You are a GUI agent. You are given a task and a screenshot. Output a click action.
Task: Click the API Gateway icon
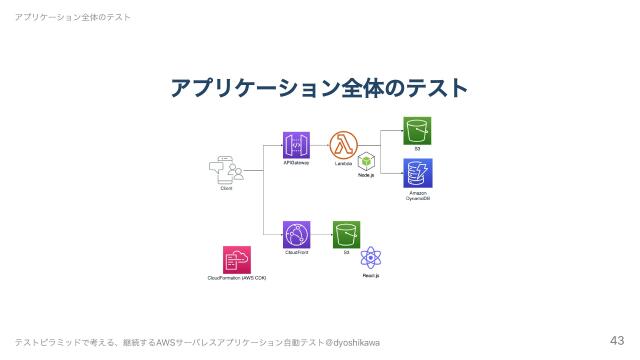[296, 145]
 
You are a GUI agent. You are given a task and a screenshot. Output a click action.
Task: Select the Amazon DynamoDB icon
[417, 172]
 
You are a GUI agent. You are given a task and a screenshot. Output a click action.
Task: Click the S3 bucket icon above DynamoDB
[417, 131]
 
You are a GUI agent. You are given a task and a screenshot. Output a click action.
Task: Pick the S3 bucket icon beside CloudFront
[346, 235]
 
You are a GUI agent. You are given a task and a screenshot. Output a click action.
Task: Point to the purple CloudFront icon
[296, 235]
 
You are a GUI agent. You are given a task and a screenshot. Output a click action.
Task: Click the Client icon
[226, 170]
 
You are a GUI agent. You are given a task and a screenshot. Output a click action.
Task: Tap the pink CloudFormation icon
[237, 259]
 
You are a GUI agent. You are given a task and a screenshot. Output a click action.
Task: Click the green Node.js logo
[367, 161]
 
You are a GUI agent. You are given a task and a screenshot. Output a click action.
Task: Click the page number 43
[616, 339]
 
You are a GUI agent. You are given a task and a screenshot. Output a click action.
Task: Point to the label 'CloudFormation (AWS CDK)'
[237, 277]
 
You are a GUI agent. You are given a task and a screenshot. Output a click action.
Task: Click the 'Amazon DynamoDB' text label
[418, 196]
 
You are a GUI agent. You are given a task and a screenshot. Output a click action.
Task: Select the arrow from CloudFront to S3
[321, 235]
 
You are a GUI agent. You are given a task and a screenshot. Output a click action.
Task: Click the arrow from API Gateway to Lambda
[319, 145]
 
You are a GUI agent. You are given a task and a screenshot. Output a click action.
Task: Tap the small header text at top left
[66, 17]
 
